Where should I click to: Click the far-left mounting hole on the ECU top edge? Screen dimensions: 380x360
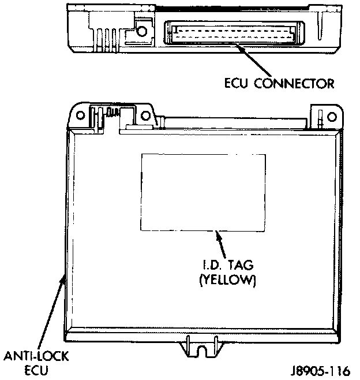(81, 114)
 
